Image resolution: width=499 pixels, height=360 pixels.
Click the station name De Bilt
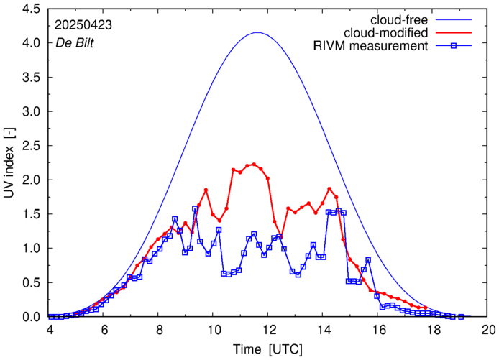click(x=75, y=42)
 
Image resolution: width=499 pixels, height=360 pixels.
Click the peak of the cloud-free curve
click(x=257, y=33)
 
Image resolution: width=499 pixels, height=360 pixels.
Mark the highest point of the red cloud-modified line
click(x=254, y=164)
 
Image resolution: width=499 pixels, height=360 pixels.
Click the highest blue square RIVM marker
click(x=195, y=209)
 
